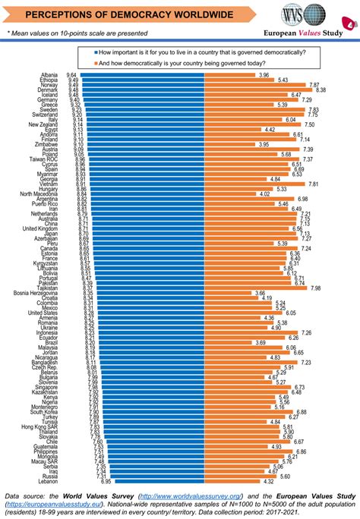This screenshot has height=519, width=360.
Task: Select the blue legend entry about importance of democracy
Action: tap(201, 52)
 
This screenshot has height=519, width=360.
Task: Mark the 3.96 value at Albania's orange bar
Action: tap(264, 75)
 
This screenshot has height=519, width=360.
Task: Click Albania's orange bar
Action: tap(228, 75)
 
